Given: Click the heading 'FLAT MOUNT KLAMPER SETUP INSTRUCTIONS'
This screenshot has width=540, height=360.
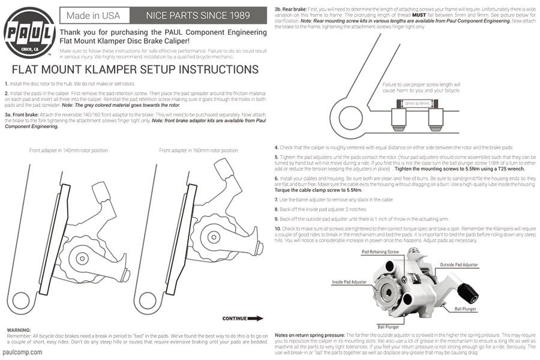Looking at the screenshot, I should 135,69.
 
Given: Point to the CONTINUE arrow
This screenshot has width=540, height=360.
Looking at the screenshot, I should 242,319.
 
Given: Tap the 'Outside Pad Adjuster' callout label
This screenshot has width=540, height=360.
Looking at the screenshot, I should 460,265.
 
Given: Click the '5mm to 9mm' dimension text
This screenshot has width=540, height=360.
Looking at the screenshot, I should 418,104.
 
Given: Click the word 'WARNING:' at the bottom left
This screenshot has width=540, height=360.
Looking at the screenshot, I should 19,330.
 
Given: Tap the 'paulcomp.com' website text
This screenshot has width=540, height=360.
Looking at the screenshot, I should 23,352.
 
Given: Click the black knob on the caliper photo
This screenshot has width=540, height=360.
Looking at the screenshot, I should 468,293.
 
